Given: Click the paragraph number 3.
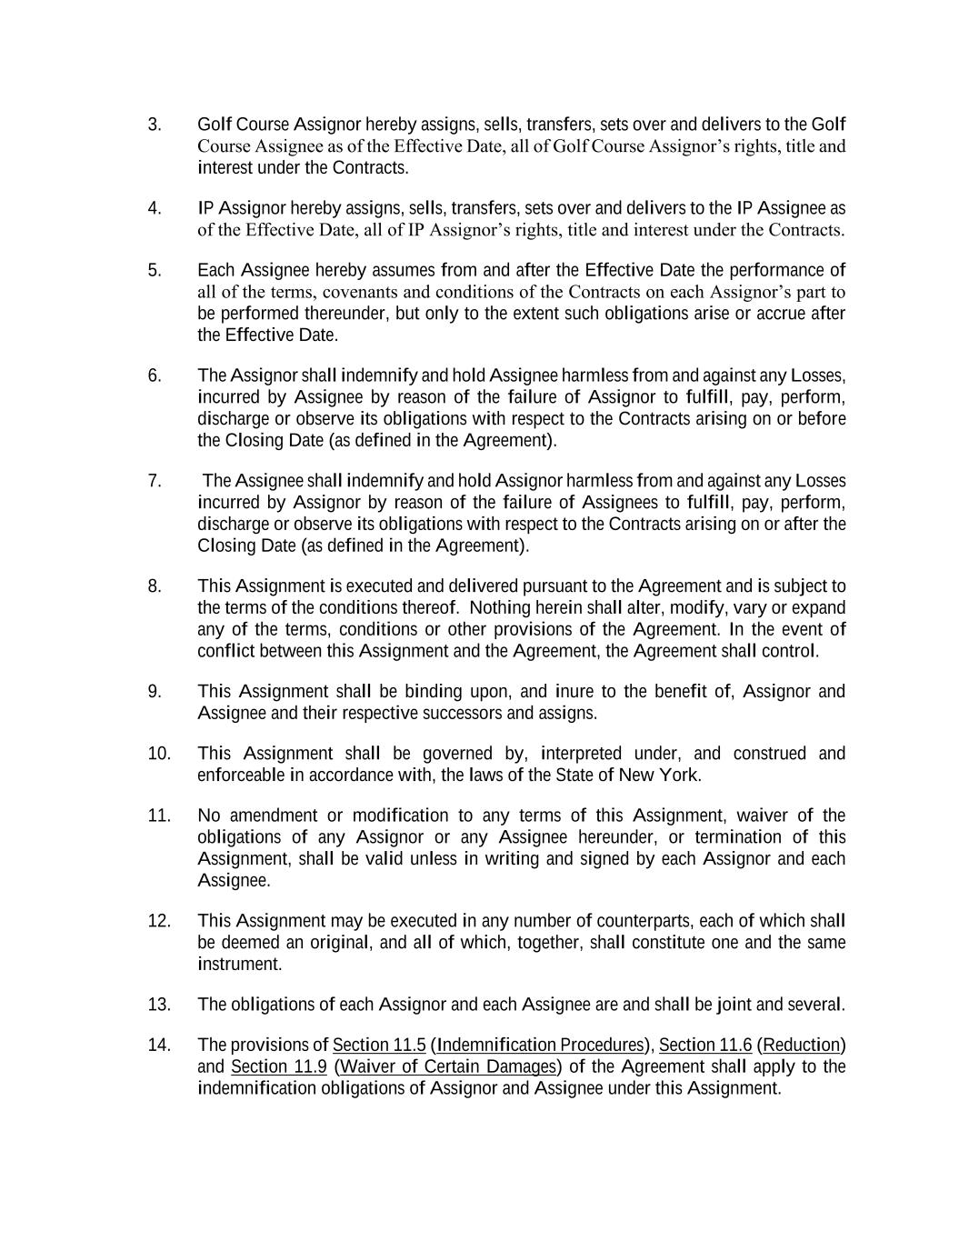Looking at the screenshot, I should (x=154, y=125).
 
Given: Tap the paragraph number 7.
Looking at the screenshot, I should (x=154, y=481).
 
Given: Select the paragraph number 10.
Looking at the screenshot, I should (x=158, y=754).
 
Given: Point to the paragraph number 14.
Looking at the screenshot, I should (x=158, y=1045).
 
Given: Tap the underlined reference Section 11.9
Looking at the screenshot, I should (x=278, y=1066).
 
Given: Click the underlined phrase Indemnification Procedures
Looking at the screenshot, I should (x=540, y=1045).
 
